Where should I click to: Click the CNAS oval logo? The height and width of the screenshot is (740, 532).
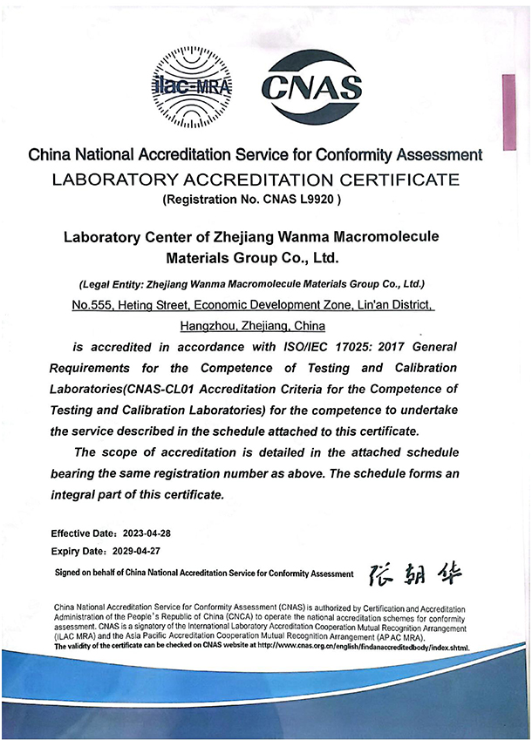(313, 85)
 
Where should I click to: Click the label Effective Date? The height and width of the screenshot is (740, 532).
(83, 533)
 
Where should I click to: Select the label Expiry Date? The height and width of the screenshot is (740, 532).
(78, 552)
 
